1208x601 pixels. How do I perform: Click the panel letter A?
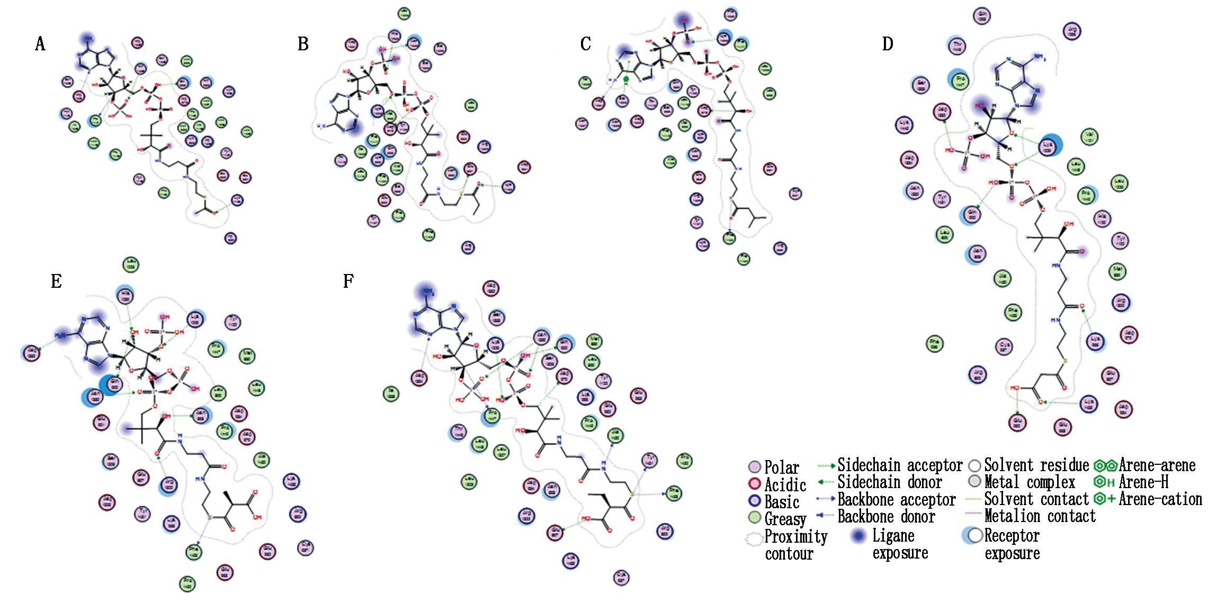click(x=40, y=44)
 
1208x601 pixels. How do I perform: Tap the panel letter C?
click(x=585, y=44)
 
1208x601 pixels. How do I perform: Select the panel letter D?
click(x=888, y=44)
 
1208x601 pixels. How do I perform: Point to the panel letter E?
click(x=56, y=281)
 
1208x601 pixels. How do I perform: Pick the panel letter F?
click(x=348, y=281)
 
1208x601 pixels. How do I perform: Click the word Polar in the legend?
click(x=781, y=467)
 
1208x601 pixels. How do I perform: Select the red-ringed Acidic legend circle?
click(x=754, y=484)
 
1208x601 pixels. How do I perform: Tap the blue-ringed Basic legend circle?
click(x=754, y=501)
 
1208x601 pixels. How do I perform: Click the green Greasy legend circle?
click(x=754, y=518)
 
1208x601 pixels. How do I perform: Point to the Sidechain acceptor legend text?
click(x=900, y=465)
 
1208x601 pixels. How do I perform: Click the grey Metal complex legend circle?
click(x=974, y=482)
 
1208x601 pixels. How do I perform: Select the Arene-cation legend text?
click(x=1160, y=499)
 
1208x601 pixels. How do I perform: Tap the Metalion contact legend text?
click(x=1040, y=516)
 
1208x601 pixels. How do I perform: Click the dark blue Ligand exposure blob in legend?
click(x=858, y=536)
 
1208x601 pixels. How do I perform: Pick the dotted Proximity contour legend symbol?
click(x=754, y=540)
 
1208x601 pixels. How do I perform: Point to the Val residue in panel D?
click(x=1089, y=137)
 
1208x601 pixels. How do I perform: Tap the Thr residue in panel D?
click(x=956, y=47)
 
